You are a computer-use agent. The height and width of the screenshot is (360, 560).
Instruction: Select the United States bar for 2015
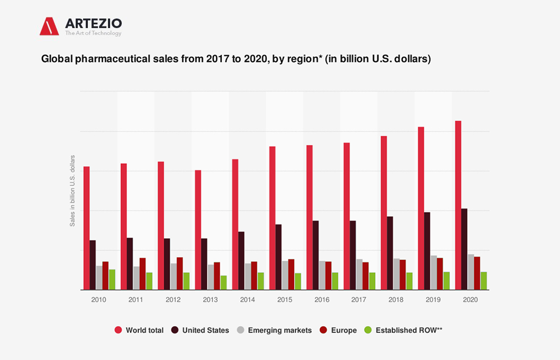tap(278, 257)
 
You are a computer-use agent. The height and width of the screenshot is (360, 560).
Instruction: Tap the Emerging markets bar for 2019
tap(434, 273)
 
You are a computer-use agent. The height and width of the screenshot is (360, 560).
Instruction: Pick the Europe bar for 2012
tap(179, 274)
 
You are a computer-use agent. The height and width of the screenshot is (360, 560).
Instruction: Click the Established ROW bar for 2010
tap(112, 280)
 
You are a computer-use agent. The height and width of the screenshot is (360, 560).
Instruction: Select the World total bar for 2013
tap(198, 230)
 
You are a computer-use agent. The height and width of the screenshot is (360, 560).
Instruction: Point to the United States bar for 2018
tap(390, 253)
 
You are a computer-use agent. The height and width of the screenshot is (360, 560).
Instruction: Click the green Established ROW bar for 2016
tap(335, 281)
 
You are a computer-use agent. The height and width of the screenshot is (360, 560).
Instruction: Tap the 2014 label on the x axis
tap(247, 300)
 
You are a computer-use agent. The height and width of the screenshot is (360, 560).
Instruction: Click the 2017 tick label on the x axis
tap(358, 300)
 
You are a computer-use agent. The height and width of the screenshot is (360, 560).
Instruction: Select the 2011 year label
tap(136, 300)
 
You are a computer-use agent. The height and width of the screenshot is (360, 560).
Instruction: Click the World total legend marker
tap(118, 330)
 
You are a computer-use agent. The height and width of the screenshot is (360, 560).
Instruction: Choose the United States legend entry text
tap(205, 330)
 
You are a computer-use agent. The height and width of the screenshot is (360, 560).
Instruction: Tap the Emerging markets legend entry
tap(279, 330)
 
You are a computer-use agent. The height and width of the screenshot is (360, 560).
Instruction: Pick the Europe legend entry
tap(344, 330)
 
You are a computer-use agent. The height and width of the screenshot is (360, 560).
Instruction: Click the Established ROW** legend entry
tap(409, 330)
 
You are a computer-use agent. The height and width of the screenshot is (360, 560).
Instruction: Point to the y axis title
tap(73, 191)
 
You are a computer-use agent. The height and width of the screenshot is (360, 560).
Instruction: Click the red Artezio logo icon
tap(49, 26)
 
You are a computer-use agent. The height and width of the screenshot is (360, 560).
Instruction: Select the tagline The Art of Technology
tap(93, 33)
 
